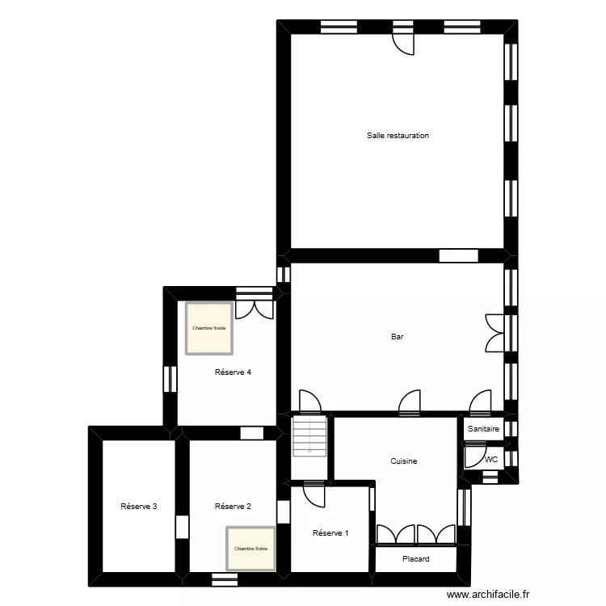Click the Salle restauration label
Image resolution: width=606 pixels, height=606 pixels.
click(398, 136)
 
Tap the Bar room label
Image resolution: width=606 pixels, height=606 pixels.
click(397, 338)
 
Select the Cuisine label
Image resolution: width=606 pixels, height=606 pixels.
click(403, 461)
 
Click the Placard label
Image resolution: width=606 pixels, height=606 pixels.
click(415, 559)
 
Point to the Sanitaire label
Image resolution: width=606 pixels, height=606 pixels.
click(484, 429)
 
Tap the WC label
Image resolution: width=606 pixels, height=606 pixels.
click(490, 460)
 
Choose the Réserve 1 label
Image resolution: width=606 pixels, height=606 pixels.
click(330, 532)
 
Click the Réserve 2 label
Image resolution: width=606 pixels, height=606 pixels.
click(233, 507)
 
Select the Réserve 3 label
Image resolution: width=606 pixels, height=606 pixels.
click(138, 507)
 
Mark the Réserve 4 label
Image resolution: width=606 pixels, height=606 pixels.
click(233, 372)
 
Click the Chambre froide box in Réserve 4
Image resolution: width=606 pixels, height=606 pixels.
click(209, 328)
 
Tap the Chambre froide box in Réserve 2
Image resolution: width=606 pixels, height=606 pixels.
click(250, 549)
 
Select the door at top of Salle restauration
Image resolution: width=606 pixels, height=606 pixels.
click(403, 42)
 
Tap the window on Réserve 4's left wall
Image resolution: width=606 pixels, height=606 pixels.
click(170, 378)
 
